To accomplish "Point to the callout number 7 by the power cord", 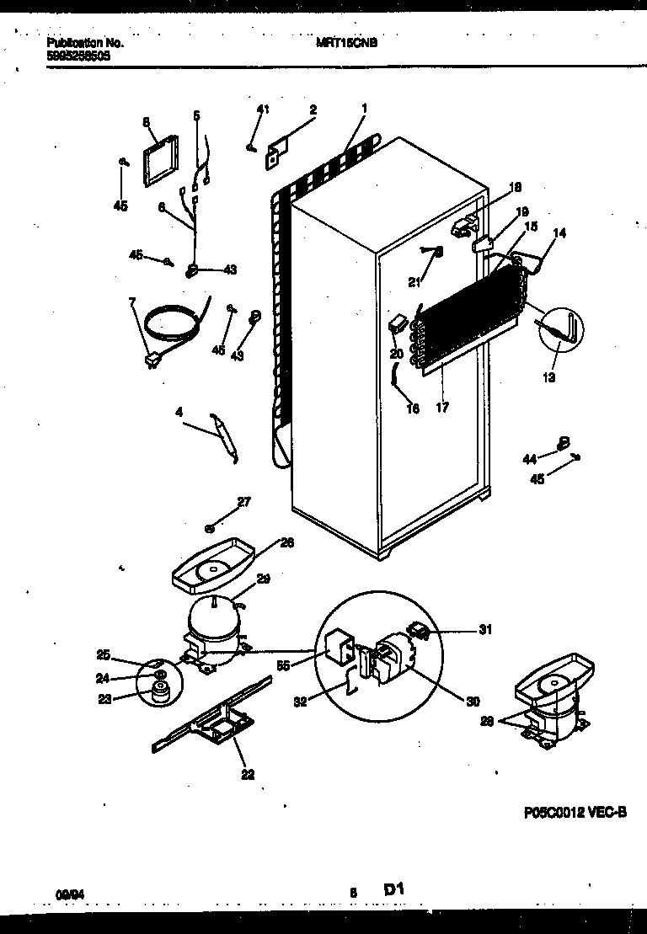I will (x=131, y=302).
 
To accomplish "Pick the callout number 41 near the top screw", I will (x=263, y=109).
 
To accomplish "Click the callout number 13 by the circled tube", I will (x=548, y=377).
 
